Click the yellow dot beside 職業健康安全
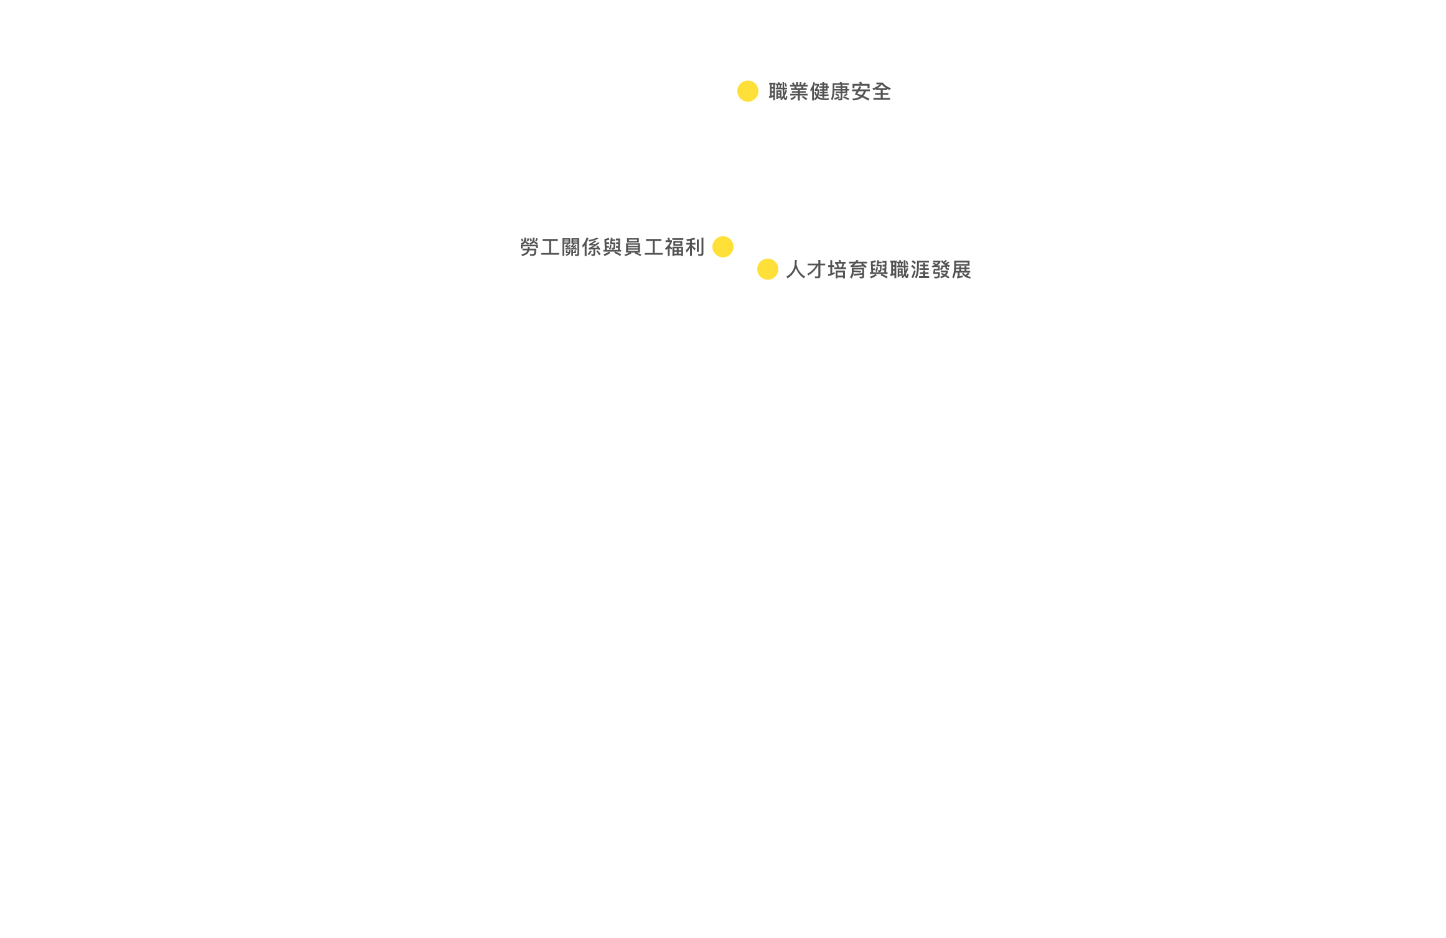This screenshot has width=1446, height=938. click(747, 91)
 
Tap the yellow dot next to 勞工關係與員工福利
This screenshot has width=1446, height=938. click(722, 247)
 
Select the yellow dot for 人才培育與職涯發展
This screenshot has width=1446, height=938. click(767, 269)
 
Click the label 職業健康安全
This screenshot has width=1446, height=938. click(829, 92)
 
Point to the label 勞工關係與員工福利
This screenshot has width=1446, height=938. click(612, 248)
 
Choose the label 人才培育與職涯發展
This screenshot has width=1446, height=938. click(878, 270)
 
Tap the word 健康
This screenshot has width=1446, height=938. click(829, 92)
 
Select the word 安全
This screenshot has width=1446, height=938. click(871, 92)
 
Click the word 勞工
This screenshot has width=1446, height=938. click(540, 248)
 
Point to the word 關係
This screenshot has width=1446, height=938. click(581, 248)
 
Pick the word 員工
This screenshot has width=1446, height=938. click(643, 248)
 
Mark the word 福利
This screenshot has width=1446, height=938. click(684, 248)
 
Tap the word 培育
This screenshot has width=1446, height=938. click(847, 270)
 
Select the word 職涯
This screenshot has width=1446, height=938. click(910, 270)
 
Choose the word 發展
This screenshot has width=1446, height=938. click(951, 270)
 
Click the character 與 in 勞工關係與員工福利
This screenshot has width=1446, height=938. click(612, 248)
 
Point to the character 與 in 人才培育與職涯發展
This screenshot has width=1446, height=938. click(879, 270)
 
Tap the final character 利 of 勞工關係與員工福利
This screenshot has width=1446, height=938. click(694, 248)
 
